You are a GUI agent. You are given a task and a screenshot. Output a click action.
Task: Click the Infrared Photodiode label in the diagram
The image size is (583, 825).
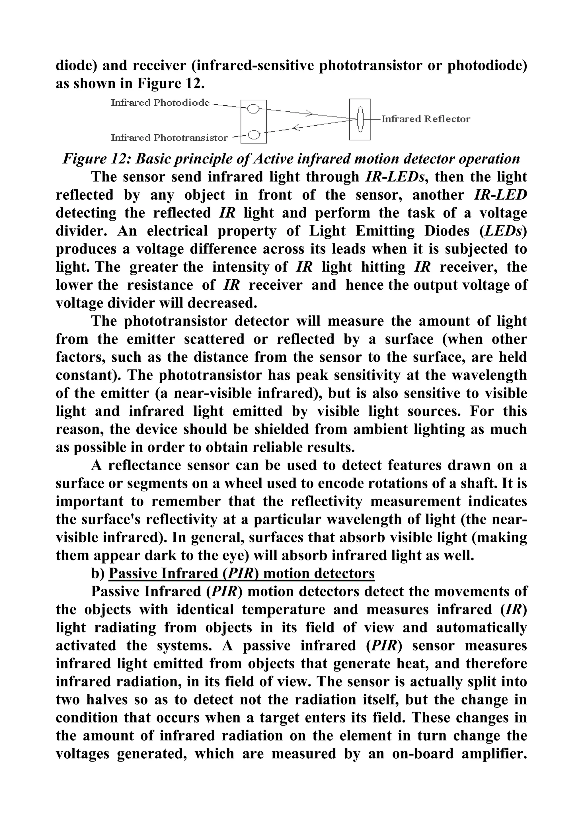pyautogui.click(x=160, y=103)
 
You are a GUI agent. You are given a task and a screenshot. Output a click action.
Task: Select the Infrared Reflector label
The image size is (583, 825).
pyautogui.click(x=425, y=119)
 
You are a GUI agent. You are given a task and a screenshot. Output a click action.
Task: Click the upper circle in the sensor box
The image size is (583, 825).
pyautogui.click(x=253, y=108)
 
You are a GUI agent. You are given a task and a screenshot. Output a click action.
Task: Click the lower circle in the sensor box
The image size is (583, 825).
pyautogui.click(x=253, y=135)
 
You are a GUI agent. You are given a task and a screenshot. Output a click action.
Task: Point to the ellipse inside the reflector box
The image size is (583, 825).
pyautogui.click(x=360, y=119)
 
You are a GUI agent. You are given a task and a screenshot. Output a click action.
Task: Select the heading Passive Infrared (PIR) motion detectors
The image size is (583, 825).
pyautogui.click(x=241, y=573)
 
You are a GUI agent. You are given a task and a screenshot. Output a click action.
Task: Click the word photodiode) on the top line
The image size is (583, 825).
pyautogui.click(x=487, y=66)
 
